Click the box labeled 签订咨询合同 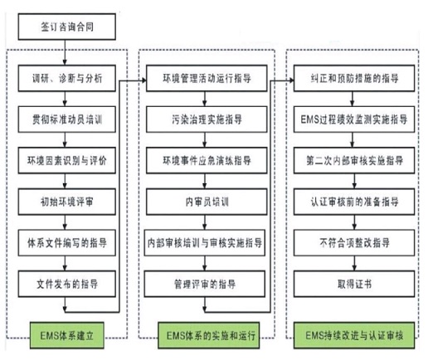67,27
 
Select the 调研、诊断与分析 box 67,78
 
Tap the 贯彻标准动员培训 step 67,119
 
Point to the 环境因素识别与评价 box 67,160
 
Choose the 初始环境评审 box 67,202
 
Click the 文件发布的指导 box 67,284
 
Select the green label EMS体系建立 67,335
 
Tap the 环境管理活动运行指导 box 207,78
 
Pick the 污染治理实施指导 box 207,119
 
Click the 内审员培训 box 207,202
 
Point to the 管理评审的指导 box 205,284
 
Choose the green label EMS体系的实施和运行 209,335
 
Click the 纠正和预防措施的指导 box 354,78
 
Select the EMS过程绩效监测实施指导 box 354,119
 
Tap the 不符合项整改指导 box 354,243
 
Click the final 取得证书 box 354,284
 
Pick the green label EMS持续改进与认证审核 354,335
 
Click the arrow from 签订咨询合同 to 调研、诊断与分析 65,52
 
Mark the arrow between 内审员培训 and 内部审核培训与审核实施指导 205,222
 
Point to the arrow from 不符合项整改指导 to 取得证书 354,264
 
